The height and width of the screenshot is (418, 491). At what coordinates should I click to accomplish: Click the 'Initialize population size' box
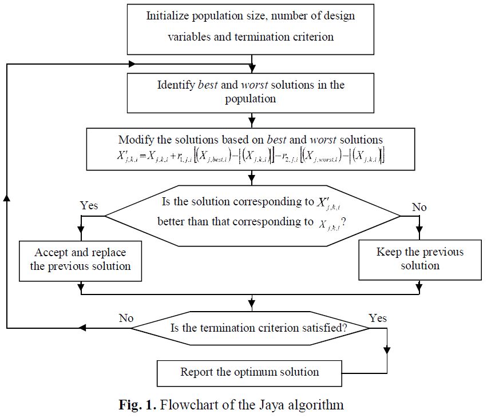[x=250, y=26]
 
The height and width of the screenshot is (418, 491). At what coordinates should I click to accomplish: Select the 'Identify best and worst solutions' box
[x=251, y=91]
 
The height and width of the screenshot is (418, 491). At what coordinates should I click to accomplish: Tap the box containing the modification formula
[x=251, y=149]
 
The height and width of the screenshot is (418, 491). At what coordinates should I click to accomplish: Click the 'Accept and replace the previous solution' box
[x=80, y=259]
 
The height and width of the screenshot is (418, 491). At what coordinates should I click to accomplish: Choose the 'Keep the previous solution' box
[x=419, y=259]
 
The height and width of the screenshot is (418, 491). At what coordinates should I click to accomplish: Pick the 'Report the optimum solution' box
[x=250, y=372]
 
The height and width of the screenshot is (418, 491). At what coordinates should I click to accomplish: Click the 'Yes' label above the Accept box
[x=89, y=206]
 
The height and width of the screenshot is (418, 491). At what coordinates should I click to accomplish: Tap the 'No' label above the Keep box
[x=419, y=207]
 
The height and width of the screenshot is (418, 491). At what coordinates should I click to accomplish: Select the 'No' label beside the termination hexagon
[x=125, y=317]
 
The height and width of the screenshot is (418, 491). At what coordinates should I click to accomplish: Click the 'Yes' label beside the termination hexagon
[x=378, y=317]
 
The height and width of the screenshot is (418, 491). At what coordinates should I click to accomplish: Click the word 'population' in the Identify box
[x=250, y=98]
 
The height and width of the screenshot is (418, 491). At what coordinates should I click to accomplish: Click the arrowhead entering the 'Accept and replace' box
[x=81, y=237]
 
